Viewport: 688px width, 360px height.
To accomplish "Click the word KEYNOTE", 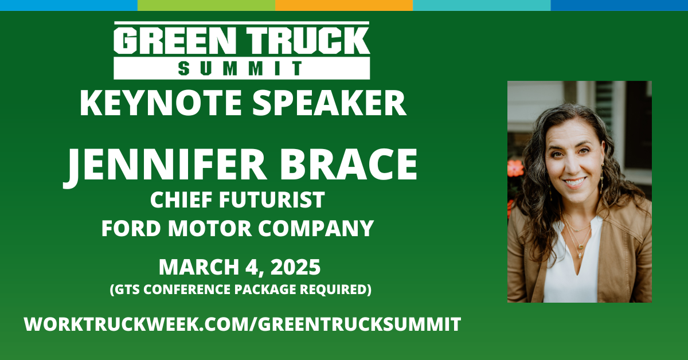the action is (161, 103).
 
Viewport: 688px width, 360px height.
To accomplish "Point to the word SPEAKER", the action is (329, 103).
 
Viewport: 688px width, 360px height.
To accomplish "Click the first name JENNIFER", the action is (165, 166).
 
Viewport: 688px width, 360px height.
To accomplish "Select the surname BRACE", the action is (349, 164).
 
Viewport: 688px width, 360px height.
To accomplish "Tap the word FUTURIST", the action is (272, 199).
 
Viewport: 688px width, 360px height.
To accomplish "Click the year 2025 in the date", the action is (295, 267).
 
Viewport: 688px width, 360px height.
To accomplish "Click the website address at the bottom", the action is (243, 324).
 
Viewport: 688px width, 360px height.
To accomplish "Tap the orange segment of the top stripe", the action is (344, 5).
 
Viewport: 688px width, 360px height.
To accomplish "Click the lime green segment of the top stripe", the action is (206, 5).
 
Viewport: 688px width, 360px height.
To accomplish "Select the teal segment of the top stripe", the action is (482, 5).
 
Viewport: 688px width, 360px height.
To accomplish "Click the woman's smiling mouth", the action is (574, 182).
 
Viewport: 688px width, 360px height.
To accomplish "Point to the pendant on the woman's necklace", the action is (580, 246).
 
